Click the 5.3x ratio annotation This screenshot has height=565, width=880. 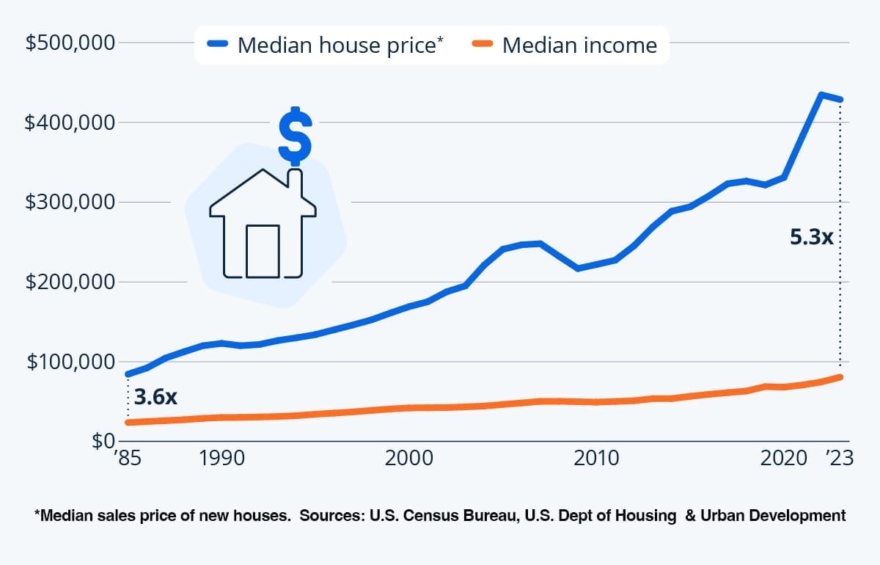click(x=812, y=238)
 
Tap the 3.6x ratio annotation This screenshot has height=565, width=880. click(x=156, y=397)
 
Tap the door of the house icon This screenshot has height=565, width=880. click(x=263, y=251)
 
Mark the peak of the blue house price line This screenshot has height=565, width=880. click(x=822, y=95)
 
